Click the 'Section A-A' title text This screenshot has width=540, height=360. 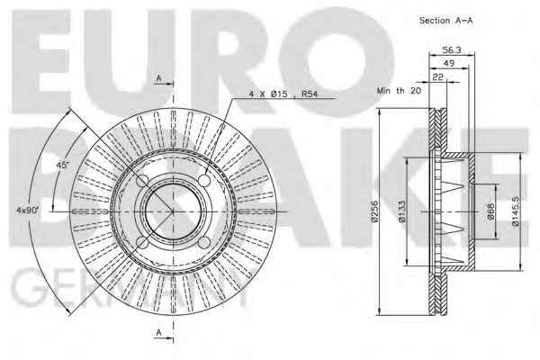click(446, 21)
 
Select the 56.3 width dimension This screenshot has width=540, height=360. click(452, 50)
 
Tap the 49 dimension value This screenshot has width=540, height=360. click(449, 63)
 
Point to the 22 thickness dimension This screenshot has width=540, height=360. click(438, 76)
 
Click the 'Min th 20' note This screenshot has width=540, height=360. click(399, 91)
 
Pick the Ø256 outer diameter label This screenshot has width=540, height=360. click(374, 211)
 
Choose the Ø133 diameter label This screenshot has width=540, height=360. click(401, 211)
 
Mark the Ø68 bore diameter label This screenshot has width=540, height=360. click(490, 211)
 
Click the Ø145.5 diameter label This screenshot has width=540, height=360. click(515, 211)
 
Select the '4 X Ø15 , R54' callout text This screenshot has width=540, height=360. click(283, 94)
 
